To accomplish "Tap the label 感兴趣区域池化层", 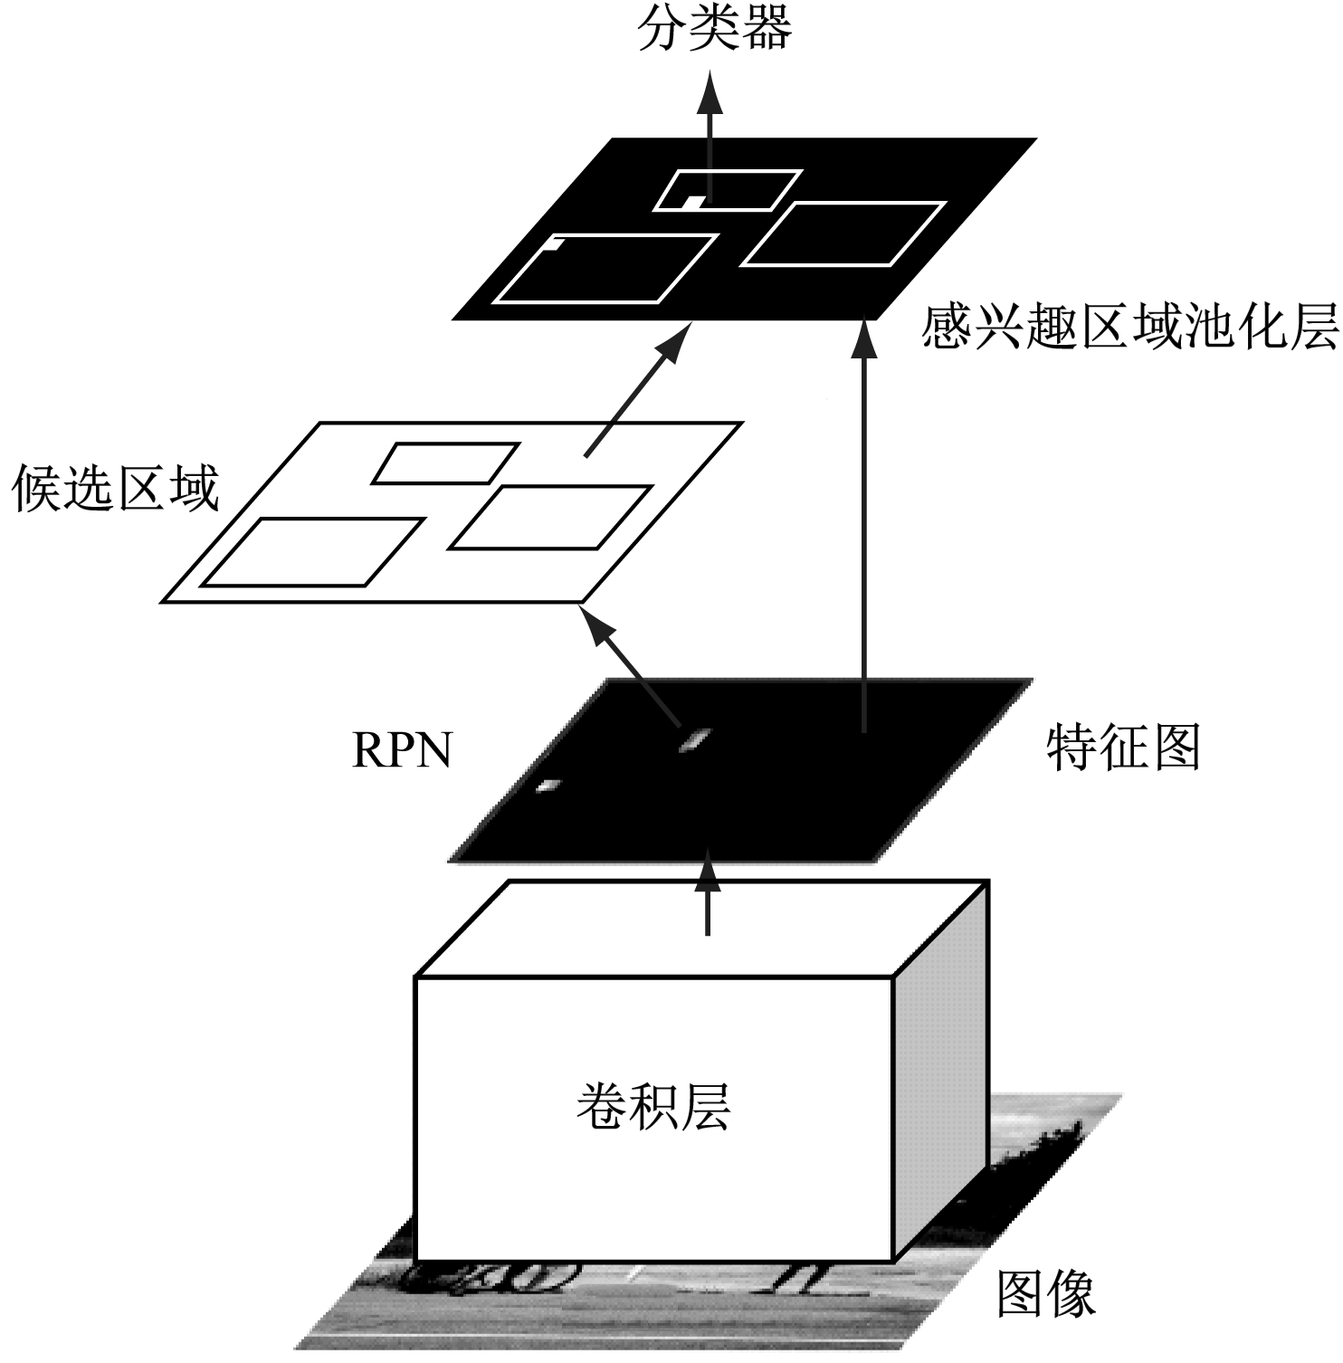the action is pos(1129,329).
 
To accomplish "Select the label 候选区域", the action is pos(115,491).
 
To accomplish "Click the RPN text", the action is pos(401,750).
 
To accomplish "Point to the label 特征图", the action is pos(1123,748).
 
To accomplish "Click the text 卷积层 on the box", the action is pos(653,1107).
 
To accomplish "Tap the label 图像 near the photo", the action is pos(1046,1294).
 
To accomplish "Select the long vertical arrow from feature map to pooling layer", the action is pos(866,525).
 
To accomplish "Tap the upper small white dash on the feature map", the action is pos(694,740).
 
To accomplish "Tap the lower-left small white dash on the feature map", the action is pos(548,786).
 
